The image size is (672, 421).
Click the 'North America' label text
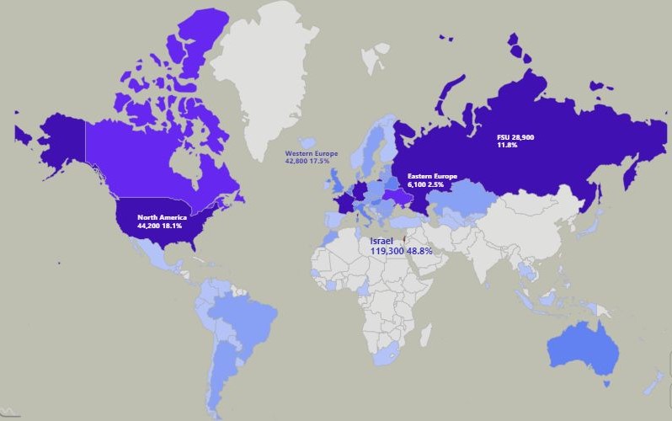[163, 218]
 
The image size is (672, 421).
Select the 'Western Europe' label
[312, 153]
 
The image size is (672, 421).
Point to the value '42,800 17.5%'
[312, 161]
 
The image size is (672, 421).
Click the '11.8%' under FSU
[507, 145]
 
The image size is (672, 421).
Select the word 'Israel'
[381, 241]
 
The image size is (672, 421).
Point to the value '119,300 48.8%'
[401, 251]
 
